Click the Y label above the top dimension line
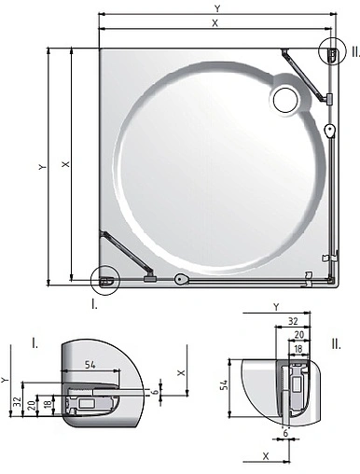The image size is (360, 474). pyautogui.click(x=217, y=7)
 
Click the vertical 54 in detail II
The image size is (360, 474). pyautogui.click(x=224, y=384)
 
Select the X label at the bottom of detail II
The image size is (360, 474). pyautogui.click(x=266, y=457)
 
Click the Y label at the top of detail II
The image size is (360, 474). pyautogui.click(x=276, y=305)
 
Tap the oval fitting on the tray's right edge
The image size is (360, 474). pyautogui.click(x=330, y=130)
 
